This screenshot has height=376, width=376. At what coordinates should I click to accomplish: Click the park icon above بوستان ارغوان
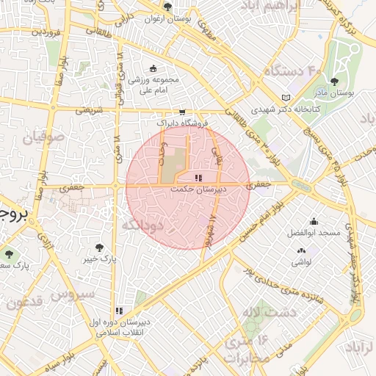point(168,7)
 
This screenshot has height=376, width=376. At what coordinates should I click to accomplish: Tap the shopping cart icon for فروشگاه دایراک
point(181,112)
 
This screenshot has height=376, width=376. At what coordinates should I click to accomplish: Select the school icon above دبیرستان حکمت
point(198,178)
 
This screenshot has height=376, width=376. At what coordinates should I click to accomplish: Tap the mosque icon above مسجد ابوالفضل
point(314,222)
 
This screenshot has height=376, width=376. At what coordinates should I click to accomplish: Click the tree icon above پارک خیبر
point(99,247)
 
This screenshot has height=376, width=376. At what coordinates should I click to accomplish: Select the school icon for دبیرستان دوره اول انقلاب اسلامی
point(119,311)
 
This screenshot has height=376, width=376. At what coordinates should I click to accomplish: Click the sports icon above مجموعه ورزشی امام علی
point(152,68)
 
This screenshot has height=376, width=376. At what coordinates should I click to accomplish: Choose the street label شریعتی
point(81,110)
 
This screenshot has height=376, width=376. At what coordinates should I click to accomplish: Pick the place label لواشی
point(302,261)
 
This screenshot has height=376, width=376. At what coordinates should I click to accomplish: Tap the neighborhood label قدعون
point(23,302)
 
